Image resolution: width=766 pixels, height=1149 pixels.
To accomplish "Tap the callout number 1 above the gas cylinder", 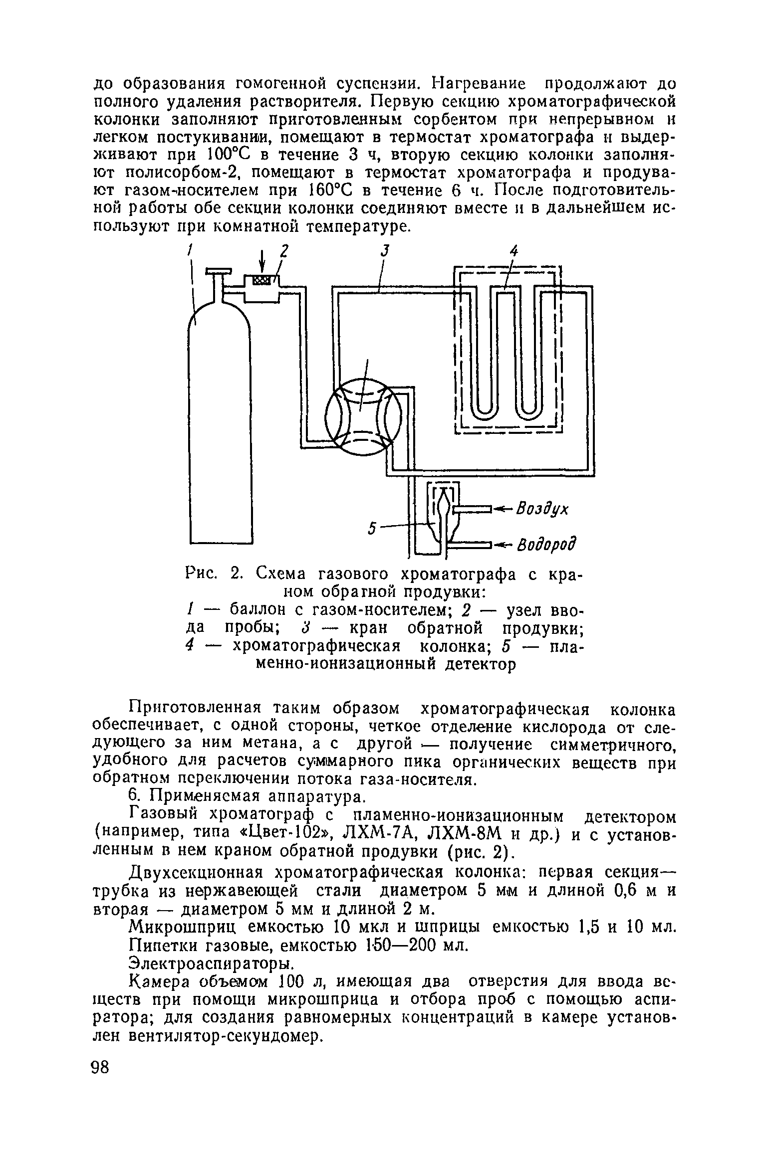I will (x=190, y=252).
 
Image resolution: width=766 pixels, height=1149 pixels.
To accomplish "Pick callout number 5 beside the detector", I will (x=371, y=528).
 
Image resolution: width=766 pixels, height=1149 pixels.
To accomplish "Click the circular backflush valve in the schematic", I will (x=363, y=415).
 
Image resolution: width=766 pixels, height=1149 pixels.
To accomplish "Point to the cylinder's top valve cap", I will (x=218, y=271).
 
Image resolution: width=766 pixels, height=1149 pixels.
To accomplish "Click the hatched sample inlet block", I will (x=261, y=280).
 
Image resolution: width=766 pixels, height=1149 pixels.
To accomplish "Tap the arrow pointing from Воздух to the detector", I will (x=504, y=509).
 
